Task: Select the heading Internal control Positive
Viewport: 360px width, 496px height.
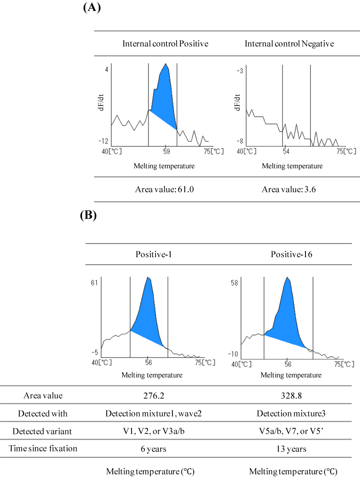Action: point(165,44)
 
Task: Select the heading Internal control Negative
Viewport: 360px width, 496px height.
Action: point(289,44)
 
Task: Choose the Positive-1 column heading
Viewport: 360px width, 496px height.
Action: point(152,254)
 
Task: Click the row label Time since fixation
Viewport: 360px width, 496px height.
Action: point(43,449)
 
